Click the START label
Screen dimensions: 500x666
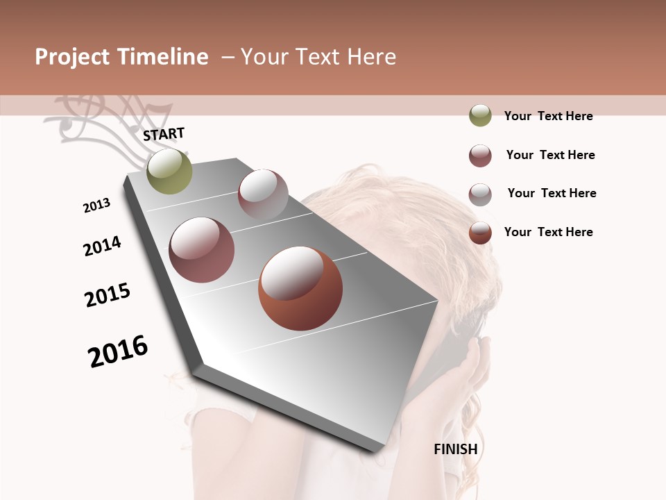pyautogui.click(x=164, y=134)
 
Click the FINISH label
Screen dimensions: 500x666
pyautogui.click(x=455, y=449)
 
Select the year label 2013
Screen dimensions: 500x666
pyautogui.click(x=96, y=206)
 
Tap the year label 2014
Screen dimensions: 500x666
pyautogui.click(x=102, y=246)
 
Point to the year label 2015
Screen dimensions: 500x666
pyautogui.click(x=108, y=295)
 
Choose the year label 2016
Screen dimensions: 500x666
pyautogui.click(x=118, y=351)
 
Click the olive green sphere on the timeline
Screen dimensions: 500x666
pyautogui.click(x=169, y=172)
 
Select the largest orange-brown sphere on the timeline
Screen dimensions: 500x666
pyautogui.click(x=300, y=288)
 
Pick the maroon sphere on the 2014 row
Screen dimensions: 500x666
pyautogui.click(x=202, y=250)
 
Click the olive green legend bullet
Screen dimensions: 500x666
pyautogui.click(x=480, y=116)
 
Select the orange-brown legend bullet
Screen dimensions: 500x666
pyautogui.click(x=480, y=233)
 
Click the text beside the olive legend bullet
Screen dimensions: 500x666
pyautogui.click(x=548, y=116)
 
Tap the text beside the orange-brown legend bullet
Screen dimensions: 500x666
pyautogui.click(x=548, y=232)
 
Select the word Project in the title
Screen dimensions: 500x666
pyautogui.click(x=72, y=57)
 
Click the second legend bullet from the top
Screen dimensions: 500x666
pyautogui.click(x=480, y=156)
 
